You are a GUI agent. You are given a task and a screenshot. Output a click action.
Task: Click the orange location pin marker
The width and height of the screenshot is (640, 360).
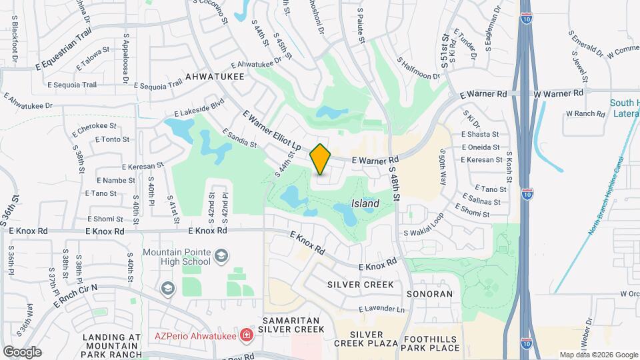(321, 159)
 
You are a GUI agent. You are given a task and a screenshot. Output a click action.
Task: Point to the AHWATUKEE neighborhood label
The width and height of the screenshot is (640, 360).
(215, 77)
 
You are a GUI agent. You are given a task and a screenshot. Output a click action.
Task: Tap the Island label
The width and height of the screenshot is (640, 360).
(365, 203)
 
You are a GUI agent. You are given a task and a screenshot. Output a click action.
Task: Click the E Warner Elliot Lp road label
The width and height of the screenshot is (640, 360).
(273, 130)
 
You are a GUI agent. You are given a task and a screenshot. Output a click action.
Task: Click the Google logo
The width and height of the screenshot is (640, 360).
(21, 351)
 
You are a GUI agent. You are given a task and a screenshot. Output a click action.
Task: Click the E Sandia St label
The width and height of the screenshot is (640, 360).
(239, 137)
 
